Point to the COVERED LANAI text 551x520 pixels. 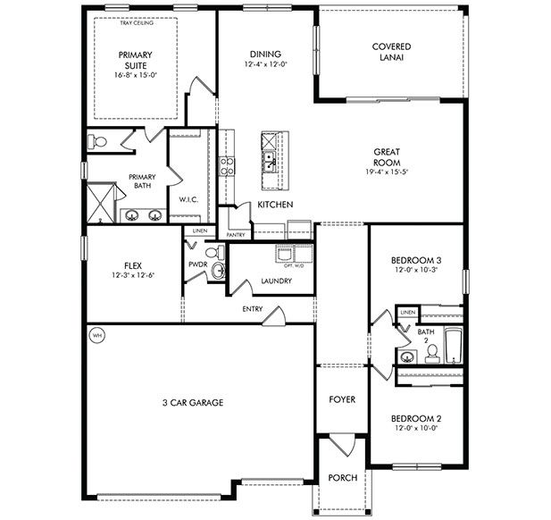(391, 52)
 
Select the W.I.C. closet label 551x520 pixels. (188, 199)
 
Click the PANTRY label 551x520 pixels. (236, 235)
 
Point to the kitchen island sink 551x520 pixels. (269, 161)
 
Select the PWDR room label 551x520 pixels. (197, 264)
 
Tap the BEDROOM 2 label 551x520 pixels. (416, 418)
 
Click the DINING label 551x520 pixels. (265, 54)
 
